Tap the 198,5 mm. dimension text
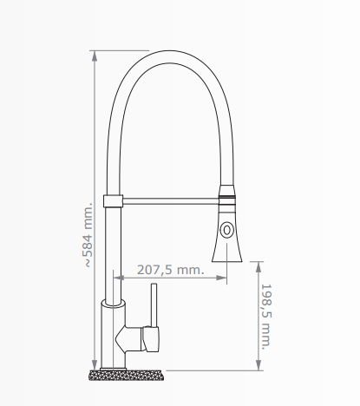click(x=267, y=316)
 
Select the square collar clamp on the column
click(x=111, y=201)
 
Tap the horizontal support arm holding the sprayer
click(x=169, y=201)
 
